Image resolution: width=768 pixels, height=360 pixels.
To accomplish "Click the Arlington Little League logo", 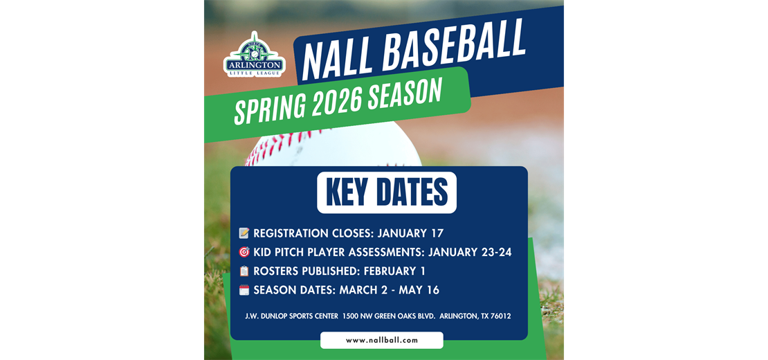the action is click(254, 55).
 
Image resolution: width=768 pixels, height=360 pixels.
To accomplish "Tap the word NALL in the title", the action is click(338, 56).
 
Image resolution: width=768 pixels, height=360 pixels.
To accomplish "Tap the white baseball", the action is click(333, 145).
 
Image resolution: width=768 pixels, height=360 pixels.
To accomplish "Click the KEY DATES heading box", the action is click(387, 192).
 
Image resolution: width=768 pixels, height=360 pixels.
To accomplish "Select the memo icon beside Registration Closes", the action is click(244, 233).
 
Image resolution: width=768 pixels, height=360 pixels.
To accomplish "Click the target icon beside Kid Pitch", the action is click(244, 252).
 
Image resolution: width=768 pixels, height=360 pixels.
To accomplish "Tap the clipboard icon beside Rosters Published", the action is click(244, 271).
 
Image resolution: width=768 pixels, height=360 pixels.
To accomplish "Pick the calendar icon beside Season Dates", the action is click(244, 290).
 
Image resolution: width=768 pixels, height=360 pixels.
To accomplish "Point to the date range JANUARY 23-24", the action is click(470, 252).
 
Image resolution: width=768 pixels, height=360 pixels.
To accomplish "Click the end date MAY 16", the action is click(419, 290).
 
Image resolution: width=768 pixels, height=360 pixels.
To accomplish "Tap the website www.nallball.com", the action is click(382, 340).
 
